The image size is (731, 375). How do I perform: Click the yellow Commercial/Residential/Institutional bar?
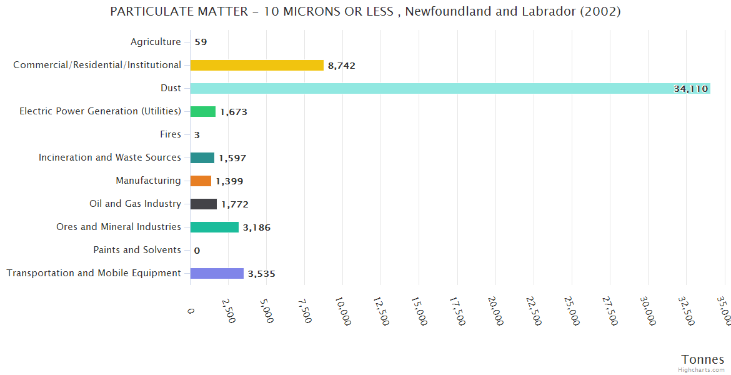click(x=257, y=65)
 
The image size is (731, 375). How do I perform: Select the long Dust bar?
click(x=450, y=88)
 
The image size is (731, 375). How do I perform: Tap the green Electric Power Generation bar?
click(x=203, y=111)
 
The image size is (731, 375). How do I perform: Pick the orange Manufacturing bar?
click(x=201, y=181)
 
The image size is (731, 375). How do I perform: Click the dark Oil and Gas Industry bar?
click(x=204, y=204)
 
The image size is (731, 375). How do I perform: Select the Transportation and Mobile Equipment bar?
click(x=217, y=273)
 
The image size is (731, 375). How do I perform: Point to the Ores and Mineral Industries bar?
click(x=214, y=227)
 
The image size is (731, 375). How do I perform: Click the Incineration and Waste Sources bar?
click(x=202, y=157)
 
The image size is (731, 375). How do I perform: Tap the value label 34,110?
click(x=690, y=89)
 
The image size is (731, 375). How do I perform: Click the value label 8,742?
click(x=342, y=66)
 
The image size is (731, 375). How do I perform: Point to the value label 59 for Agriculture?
click(x=201, y=42)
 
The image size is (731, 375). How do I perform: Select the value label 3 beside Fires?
click(x=197, y=135)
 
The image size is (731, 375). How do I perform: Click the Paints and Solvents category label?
click(x=137, y=250)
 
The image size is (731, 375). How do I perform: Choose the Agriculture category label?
click(x=156, y=42)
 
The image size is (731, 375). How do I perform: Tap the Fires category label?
click(x=171, y=134)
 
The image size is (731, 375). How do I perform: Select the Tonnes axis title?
click(x=703, y=359)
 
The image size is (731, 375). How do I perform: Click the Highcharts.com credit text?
click(x=702, y=370)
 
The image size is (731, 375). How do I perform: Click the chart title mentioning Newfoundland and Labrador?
click(x=365, y=12)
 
